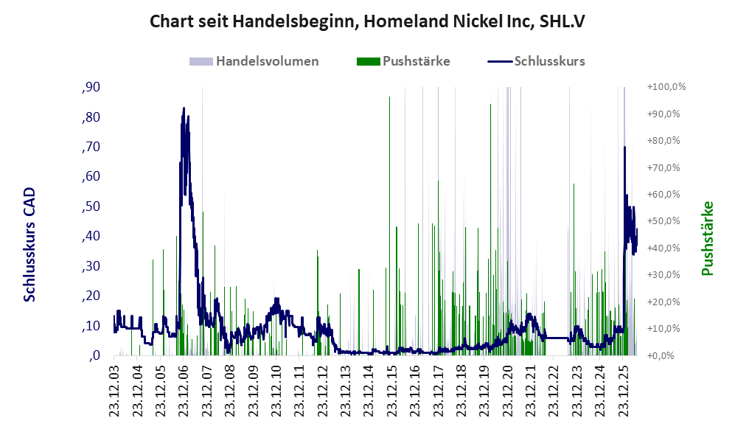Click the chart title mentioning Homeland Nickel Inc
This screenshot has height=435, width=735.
point(367,21)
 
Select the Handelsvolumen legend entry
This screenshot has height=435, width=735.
point(254,61)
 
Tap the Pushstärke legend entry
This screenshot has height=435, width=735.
point(403,61)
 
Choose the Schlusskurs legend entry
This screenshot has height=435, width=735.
point(536,61)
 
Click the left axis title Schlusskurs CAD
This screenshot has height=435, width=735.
point(29,245)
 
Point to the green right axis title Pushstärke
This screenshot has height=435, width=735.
point(707,239)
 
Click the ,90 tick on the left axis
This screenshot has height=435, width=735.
point(91,87)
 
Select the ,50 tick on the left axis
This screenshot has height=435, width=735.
point(91,206)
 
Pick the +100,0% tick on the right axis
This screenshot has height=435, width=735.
point(666,87)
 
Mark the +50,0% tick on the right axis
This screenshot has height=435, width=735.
point(663,220)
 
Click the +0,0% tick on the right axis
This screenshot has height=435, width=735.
point(661,355)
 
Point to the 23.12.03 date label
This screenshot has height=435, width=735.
point(114,388)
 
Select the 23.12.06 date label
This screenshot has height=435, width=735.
point(184,388)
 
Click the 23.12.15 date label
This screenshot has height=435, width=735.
point(392,388)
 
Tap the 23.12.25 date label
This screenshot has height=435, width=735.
point(624,388)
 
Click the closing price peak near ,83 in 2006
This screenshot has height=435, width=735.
point(184,108)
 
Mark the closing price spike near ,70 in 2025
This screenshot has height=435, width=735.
point(624,147)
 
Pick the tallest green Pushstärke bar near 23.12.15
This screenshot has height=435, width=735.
point(389,226)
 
